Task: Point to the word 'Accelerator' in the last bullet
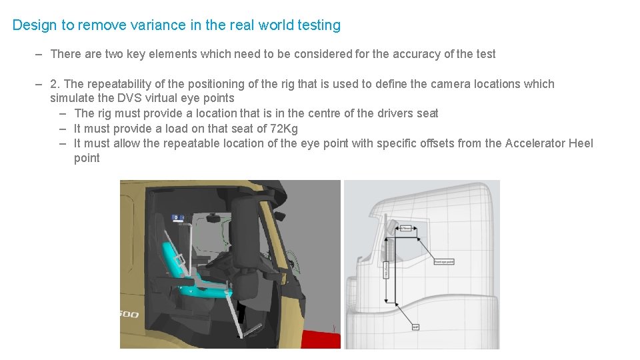click(x=535, y=143)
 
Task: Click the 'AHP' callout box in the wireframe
click(x=415, y=327)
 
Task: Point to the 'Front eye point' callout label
click(x=444, y=262)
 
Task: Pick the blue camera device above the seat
click(x=179, y=217)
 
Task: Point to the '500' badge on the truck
click(x=129, y=313)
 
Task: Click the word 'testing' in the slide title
click(x=319, y=25)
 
